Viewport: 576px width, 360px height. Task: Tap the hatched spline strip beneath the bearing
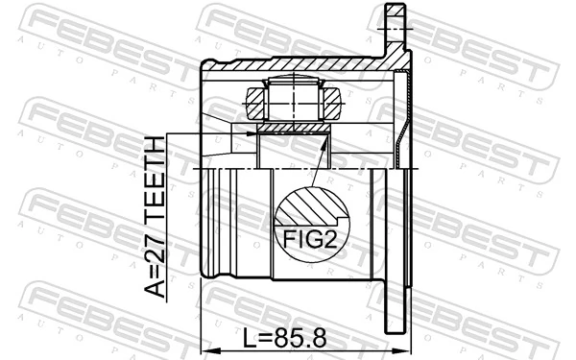tap(293, 127)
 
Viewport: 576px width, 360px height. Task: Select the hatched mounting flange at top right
tap(395, 29)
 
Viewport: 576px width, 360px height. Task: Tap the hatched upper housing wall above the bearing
tap(288, 67)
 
